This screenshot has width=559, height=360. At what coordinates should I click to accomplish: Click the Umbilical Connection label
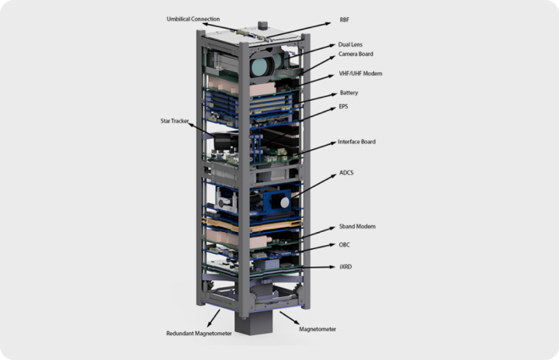click(193, 19)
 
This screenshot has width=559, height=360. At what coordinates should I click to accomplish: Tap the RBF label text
click(345, 19)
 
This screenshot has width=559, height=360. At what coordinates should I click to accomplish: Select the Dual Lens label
click(350, 44)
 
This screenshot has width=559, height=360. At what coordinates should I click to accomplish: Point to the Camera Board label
click(356, 54)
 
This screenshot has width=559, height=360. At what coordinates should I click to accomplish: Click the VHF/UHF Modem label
click(360, 74)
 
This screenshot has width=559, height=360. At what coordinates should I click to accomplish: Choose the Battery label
click(349, 92)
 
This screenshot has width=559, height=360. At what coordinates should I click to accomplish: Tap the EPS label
click(343, 106)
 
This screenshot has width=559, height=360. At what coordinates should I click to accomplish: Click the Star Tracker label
click(175, 121)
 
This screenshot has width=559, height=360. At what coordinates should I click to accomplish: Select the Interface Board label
click(356, 141)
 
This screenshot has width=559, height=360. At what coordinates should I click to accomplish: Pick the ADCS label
click(346, 172)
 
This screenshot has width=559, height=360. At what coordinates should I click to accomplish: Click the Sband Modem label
click(357, 227)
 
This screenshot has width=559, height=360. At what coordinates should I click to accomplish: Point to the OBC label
click(344, 244)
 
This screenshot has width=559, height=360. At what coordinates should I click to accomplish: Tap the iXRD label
click(345, 267)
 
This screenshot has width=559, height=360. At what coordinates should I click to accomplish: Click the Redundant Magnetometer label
click(199, 334)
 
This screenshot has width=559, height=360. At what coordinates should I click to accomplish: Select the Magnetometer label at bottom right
click(318, 329)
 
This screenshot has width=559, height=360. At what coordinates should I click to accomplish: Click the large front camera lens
click(261, 65)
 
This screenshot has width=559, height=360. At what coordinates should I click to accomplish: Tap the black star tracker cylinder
click(226, 140)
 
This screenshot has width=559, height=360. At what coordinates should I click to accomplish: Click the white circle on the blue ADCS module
click(284, 202)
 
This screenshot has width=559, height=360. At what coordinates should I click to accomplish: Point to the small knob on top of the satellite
click(262, 25)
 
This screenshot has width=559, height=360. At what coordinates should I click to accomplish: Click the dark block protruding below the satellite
click(253, 323)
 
